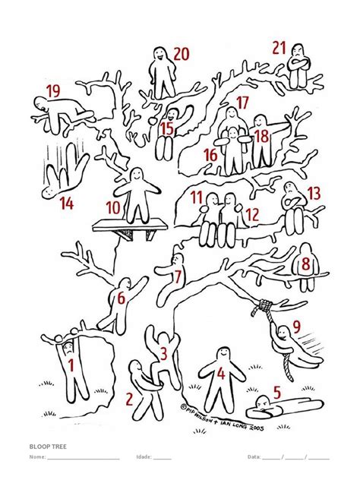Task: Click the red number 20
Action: tap(181, 53)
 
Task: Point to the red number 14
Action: tap(67, 203)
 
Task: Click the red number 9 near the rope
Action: tap(297, 327)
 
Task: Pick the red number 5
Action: tap(277, 393)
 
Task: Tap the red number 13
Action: tap(314, 193)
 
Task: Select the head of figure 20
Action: tap(159, 54)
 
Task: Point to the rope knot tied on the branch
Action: tap(265, 306)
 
